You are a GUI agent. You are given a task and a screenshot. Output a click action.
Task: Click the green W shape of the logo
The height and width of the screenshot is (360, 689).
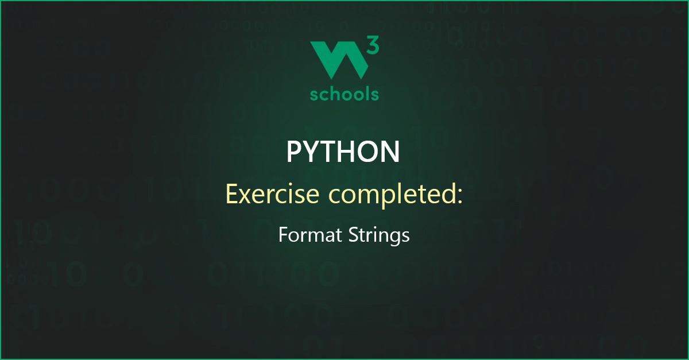tap(338, 60)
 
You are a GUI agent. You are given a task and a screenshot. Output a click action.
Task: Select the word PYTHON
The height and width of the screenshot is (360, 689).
tap(343, 152)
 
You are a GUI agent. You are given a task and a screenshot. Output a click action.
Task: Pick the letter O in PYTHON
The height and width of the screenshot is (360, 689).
tap(369, 152)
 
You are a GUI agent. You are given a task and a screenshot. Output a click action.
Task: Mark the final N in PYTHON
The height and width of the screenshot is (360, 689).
tap(391, 152)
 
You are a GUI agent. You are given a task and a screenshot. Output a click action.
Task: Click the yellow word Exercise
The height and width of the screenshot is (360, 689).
tap(272, 194)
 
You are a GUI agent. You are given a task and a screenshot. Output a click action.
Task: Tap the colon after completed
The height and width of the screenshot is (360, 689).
tap(459, 196)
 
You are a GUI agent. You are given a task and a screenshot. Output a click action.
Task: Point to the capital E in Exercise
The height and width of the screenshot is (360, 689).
tap(232, 194)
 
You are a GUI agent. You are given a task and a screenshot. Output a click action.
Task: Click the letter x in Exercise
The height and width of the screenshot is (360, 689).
tap(248, 196)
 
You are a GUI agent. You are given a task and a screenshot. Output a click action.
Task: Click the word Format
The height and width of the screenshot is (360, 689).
tap(310, 235)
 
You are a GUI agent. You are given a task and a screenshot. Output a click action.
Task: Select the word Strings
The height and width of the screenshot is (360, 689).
tap(379, 237)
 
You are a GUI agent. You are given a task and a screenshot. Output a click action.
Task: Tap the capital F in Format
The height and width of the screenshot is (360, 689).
tap(283, 235)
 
